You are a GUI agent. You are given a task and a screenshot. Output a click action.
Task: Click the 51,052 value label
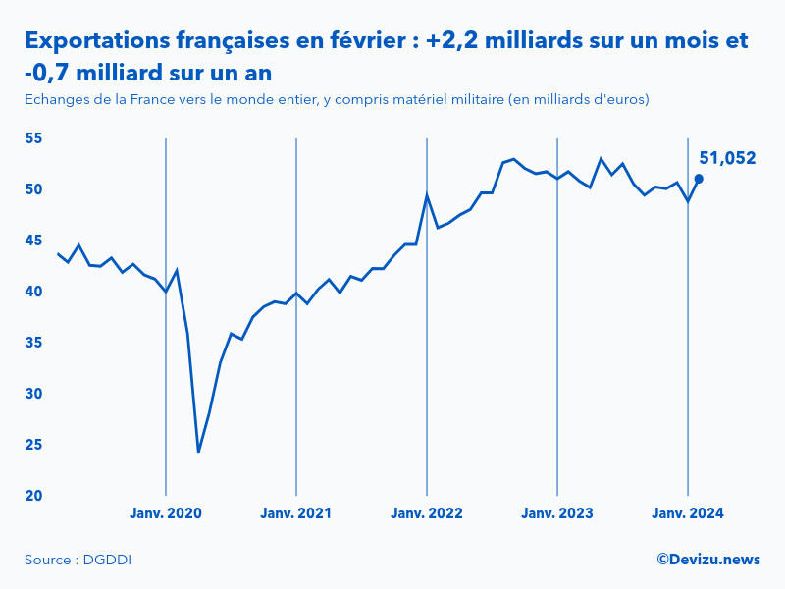[x=727, y=158]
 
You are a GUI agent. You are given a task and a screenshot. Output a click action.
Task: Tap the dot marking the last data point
[x=699, y=179]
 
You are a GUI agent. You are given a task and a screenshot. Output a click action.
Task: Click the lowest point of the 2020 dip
[x=198, y=452]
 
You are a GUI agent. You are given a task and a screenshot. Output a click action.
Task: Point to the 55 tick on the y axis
[x=33, y=138]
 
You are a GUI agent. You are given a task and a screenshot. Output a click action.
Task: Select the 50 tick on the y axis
[x=33, y=189]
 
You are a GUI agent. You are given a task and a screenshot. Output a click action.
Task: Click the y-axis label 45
[x=33, y=241]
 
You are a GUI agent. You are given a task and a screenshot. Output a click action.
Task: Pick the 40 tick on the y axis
[x=33, y=292]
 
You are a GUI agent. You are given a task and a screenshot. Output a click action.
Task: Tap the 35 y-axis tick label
[x=33, y=343]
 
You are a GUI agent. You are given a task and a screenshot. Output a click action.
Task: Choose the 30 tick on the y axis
[x=33, y=394]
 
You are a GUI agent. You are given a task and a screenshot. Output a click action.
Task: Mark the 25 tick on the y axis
[x=33, y=445]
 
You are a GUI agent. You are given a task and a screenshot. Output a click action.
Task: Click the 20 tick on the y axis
[x=33, y=496]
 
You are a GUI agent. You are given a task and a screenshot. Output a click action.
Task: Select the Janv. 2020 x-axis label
[x=166, y=513]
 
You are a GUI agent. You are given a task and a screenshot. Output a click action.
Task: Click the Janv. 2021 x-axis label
[x=296, y=513]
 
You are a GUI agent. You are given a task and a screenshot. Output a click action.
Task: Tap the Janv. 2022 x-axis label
[x=427, y=513]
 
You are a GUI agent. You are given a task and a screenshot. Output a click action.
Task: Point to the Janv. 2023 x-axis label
[x=557, y=513]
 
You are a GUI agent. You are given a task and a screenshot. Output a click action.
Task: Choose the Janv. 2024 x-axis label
[x=688, y=513]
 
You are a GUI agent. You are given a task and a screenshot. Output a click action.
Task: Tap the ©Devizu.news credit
[x=708, y=560]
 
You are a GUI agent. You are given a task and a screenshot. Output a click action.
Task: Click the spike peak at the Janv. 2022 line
[x=427, y=194]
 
